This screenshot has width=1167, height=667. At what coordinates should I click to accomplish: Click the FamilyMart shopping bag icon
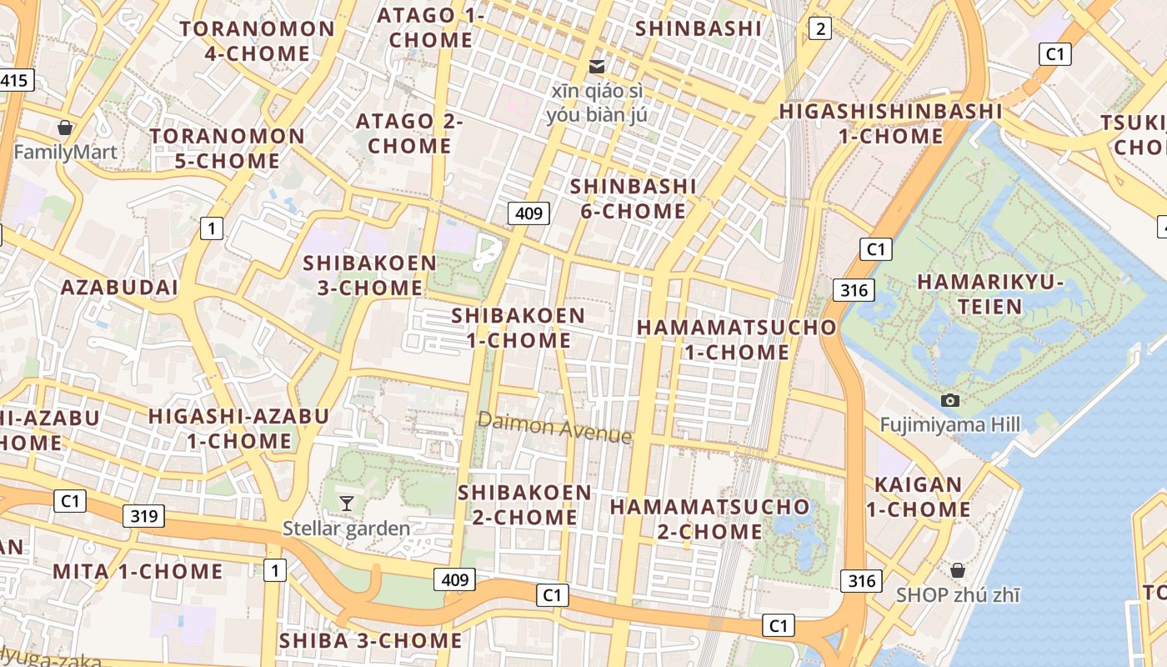click(x=64, y=128)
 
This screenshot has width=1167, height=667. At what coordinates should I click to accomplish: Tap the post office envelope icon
click(x=597, y=66)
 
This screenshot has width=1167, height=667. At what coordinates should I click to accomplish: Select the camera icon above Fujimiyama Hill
click(x=949, y=400)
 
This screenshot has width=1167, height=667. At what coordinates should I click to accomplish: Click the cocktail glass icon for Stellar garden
click(x=347, y=503)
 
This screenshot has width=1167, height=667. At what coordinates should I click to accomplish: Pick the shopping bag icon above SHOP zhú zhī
click(x=958, y=570)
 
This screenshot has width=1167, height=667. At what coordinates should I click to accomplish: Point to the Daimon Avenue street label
click(x=554, y=428)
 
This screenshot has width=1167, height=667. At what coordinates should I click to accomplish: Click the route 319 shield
click(x=143, y=515)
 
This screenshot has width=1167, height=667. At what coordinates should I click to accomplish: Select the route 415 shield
click(x=15, y=81)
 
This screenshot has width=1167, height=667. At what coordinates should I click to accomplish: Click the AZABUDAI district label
click(x=119, y=288)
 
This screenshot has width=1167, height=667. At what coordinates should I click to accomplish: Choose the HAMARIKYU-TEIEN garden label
click(x=990, y=293)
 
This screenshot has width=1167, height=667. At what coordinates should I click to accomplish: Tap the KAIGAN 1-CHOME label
click(x=919, y=497)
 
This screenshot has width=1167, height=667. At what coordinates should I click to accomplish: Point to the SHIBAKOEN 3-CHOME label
click(x=369, y=275)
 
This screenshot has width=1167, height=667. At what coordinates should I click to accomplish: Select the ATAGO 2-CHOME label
click(x=409, y=133)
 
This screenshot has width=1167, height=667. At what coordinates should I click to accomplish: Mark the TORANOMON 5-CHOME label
click(x=228, y=148)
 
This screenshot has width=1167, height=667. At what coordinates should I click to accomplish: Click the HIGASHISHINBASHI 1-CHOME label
click(x=890, y=123)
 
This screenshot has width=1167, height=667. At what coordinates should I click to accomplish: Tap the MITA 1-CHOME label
click(x=138, y=571)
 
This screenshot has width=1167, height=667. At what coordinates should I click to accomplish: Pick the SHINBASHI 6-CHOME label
click(x=634, y=198)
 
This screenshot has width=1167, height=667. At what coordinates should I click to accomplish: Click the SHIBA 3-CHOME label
click(x=370, y=640)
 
